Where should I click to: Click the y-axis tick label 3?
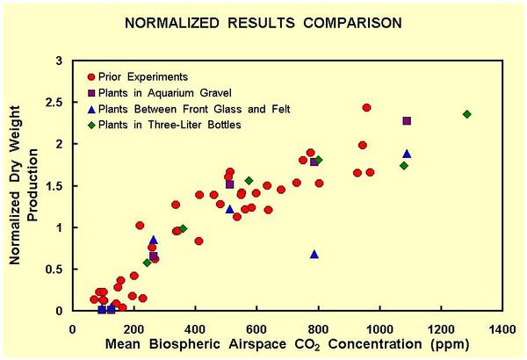[60, 61]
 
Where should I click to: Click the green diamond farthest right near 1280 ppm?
[467, 114]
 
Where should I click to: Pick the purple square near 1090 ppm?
[407, 121]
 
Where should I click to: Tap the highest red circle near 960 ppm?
[366, 108]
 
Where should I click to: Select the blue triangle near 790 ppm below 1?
[314, 255]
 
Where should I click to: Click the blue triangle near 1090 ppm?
[407, 154]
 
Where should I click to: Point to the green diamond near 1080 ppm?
[404, 165]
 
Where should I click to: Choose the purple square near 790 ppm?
[314, 162]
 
